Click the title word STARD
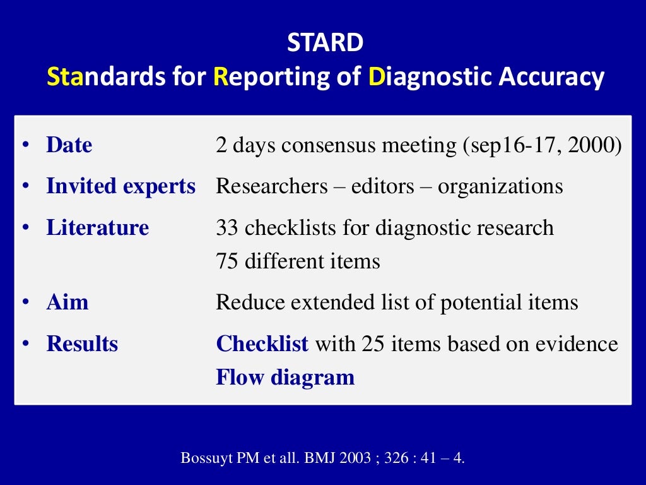click(x=326, y=43)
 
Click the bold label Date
click(x=69, y=145)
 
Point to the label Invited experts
click(x=120, y=186)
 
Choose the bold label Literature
click(x=98, y=227)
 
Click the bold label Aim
click(x=67, y=302)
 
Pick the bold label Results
click(x=82, y=344)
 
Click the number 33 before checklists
click(x=227, y=227)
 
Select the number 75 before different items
click(x=227, y=261)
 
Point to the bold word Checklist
click(x=262, y=344)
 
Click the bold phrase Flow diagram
click(x=285, y=378)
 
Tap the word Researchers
click(x=272, y=186)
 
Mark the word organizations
click(x=500, y=187)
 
